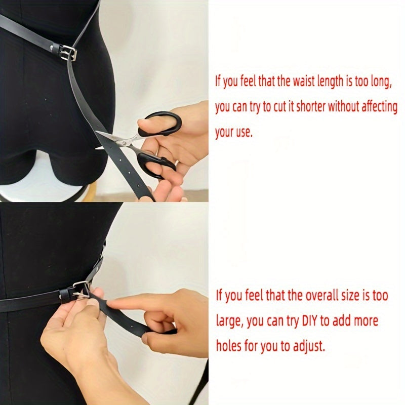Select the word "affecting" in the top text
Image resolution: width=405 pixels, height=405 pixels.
(x=379, y=107)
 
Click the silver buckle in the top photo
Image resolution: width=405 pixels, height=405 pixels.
(x=68, y=52)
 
